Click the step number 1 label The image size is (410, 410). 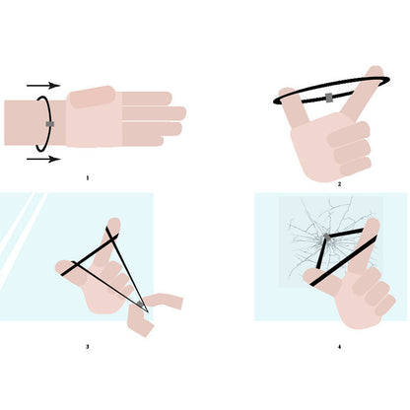(88, 178)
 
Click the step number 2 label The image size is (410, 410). (340, 184)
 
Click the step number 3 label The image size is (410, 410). (88, 347)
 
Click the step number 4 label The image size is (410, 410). (340, 347)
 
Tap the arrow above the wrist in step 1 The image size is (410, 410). (43, 86)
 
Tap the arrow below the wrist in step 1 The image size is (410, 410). (43, 160)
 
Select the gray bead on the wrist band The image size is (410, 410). (50, 124)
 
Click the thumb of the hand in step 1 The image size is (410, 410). (92, 97)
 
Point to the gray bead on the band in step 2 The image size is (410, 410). (329, 98)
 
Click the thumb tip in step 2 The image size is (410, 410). (287, 93)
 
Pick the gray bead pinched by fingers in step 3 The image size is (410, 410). (140, 304)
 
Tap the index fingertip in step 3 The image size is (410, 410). (114, 224)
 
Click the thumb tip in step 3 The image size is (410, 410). (62, 267)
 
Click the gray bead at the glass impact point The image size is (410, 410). (327, 237)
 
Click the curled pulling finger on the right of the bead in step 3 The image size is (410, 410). (164, 301)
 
